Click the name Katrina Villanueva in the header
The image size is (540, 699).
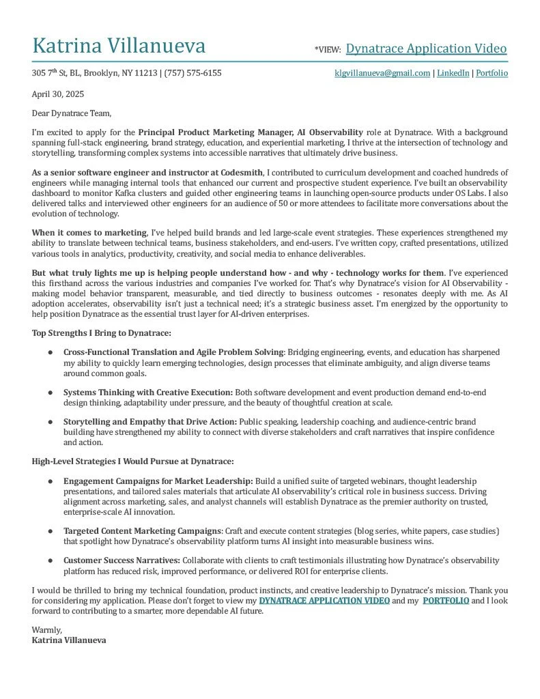click(119, 46)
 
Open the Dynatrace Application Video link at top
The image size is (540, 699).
click(426, 48)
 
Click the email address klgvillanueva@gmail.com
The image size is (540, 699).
click(382, 73)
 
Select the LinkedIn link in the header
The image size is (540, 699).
click(453, 73)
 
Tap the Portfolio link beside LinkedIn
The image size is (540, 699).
click(492, 73)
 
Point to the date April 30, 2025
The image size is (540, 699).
click(58, 94)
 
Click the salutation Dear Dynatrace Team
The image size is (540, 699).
click(71, 113)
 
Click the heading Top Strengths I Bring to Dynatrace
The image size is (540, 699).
click(101, 333)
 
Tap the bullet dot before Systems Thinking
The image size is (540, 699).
click(51, 393)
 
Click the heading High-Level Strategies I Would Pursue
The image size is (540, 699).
click(132, 462)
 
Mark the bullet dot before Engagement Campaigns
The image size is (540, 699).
click(51, 482)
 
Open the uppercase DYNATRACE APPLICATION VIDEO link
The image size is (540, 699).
click(324, 601)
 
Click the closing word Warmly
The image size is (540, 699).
click(46, 631)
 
